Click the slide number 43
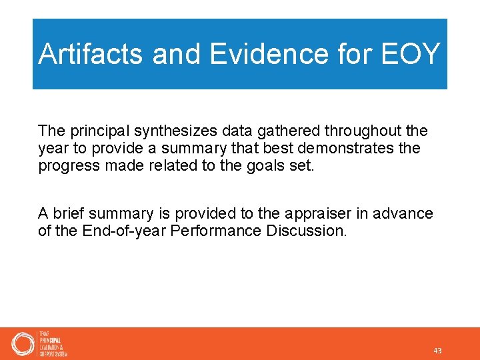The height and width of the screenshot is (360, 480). [x=437, y=351]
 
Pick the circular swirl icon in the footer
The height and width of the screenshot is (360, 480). [x=22, y=344]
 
